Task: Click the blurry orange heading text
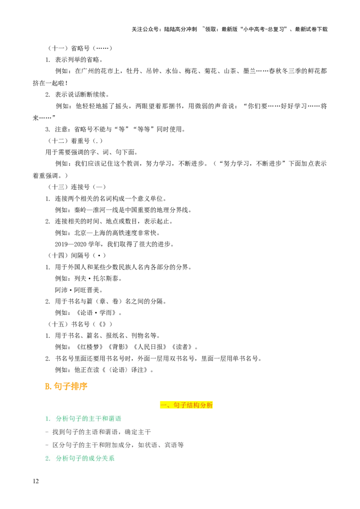(x=66, y=386)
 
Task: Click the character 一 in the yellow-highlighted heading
(x=164, y=405)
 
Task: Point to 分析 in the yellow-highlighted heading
(x=207, y=405)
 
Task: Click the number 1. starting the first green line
(x=48, y=419)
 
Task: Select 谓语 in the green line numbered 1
(x=115, y=419)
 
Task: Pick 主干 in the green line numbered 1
(x=95, y=419)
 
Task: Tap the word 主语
(x=92, y=432)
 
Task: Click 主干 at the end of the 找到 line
(x=144, y=432)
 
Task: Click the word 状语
(x=151, y=445)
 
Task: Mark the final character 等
(x=181, y=445)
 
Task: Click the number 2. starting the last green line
(x=48, y=459)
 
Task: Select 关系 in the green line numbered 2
(x=108, y=459)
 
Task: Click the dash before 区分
(x=47, y=445)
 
